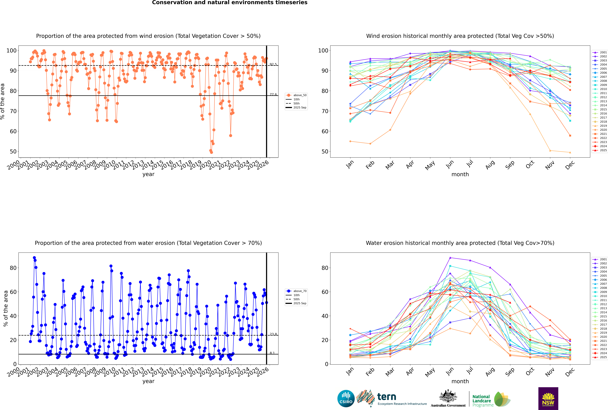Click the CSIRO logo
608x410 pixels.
(346, 399)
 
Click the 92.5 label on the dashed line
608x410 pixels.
(273, 64)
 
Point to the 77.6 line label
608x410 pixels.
(273, 94)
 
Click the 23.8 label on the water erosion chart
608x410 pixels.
(273, 334)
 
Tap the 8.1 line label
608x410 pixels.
(272, 353)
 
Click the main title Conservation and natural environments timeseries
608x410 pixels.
(230, 3)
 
